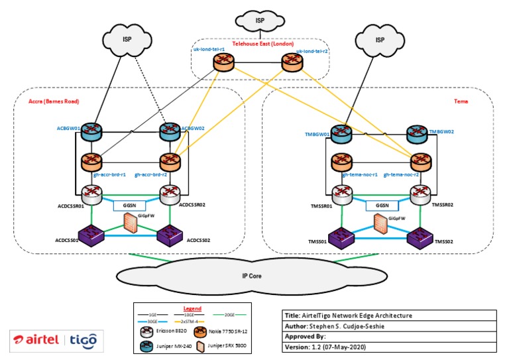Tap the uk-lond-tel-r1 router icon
[x=223, y=63]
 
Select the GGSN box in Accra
[x=129, y=206]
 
